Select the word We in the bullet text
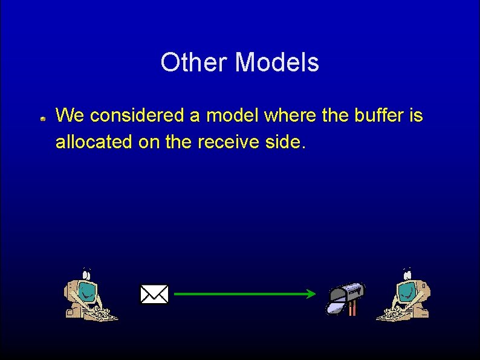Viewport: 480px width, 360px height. click(x=70, y=115)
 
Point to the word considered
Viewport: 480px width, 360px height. click(x=134, y=115)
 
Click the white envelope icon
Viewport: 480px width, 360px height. click(x=154, y=295)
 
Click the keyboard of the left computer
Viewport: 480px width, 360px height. click(x=100, y=314)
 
